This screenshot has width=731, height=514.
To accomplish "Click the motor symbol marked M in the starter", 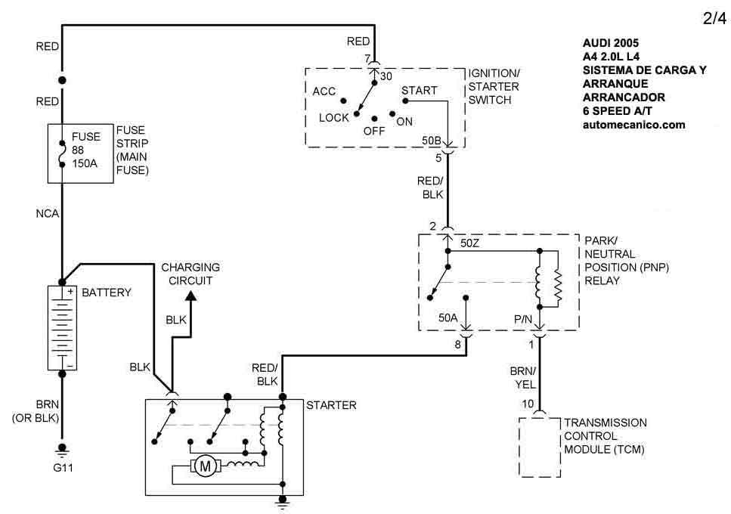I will coord(205,467).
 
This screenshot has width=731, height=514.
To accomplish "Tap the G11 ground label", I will coord(63,467).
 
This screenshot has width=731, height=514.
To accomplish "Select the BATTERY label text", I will coord(107,292).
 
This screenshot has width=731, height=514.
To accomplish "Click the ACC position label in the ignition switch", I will coord(324,91).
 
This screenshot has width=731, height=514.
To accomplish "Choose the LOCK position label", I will coord(333,117).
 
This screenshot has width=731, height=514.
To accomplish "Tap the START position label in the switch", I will coord(419,91).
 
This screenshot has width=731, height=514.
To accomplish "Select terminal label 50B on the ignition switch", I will coord(432,141).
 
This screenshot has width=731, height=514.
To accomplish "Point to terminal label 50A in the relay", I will coord(449,318).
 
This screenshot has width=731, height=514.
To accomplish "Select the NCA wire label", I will coord(46,215).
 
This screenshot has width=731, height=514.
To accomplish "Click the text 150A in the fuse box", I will coord(84,161).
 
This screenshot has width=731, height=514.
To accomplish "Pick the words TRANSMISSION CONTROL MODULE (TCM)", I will coord(605,436).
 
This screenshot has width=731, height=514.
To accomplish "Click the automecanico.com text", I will coord(633,125).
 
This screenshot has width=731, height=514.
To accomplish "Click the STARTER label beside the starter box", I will coord(331,406).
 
